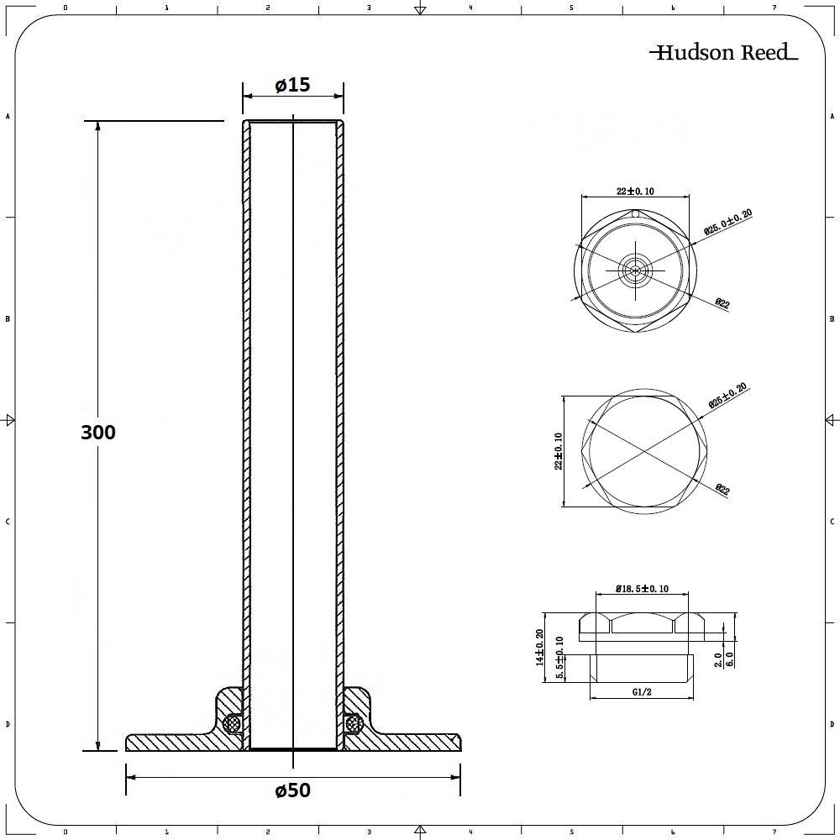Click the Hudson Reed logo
pyautogui.click(x=723, y=53)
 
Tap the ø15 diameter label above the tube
pyautogui.click(x=292, y=85)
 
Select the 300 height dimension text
pyautogui.click(x=98, y=432)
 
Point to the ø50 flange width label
pyautogui.click(x=292, y=790)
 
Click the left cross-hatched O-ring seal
pyautogui.click(x=234, y=722)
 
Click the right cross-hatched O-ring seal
pyautogui.click(x=353, y=722)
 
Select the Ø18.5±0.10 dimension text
pyautogui.click(x=643, y=589)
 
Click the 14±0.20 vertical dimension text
pyautogui.click(x=540, y=648)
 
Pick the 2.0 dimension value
pyautogui.click(x=718, y=659)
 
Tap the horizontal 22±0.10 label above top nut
pyautogui.click(x=636, y=192)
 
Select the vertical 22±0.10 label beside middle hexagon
pyautogui.click(x=559, y=451)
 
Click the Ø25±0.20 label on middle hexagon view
pyautogui.click(x=727, y=396)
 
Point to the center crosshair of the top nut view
pyautogui.click(x=636, y=270)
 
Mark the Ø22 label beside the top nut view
pyautogui.click(x=722, y=303)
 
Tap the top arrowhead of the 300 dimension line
pyautogui.click(x=98, y=127)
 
